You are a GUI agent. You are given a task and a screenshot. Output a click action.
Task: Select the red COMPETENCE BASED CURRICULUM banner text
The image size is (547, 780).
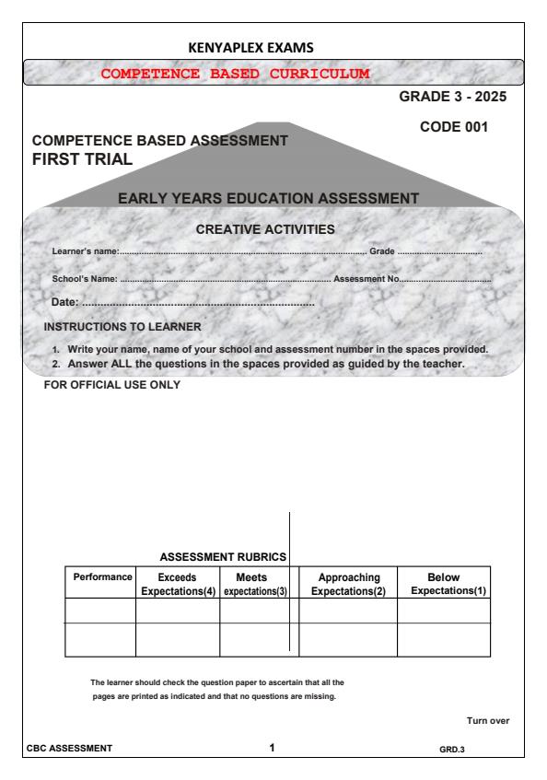click(x=236, y=72)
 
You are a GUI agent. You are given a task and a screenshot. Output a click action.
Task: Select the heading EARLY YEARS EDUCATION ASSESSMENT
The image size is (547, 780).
click(x=268, y=197)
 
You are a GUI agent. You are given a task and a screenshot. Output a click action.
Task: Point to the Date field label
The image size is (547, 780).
click(x=65, y=302)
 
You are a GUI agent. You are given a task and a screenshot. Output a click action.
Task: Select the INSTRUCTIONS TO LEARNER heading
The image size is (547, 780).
click(x=122, y=326)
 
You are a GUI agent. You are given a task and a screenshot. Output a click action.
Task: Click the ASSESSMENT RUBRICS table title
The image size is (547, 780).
click(x=225, y=556)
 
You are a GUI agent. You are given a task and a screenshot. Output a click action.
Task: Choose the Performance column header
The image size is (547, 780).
click(x=100, y=576)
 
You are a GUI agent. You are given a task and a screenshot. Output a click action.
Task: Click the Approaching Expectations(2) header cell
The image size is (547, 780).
click(x=348, y=583)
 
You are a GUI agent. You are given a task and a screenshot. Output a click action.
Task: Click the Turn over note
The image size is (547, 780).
click(x=489, y=721)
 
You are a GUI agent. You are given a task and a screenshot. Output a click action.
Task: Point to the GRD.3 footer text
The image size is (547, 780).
click(x=452, y=749)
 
